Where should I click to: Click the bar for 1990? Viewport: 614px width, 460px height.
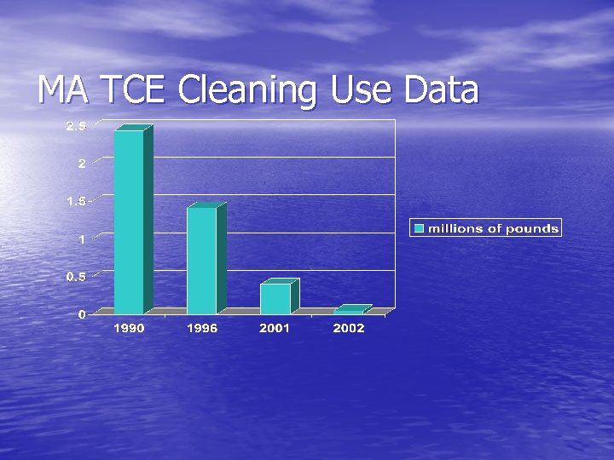(x=130, y=221)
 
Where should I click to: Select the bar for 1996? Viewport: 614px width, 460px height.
(x=202, y=260)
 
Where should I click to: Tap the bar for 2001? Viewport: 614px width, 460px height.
(x=275, y=298)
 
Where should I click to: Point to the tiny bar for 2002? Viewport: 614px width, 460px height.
(x=349, y=311)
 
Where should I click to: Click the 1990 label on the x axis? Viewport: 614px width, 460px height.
(x=130, y=328)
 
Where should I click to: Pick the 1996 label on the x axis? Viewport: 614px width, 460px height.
(x=202, y=328)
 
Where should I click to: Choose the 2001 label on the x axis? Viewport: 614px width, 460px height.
(x=275, y=328)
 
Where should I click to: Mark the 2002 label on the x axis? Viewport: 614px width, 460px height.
(x=349, y=328)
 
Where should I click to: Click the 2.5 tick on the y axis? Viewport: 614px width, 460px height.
(x=76, y=127)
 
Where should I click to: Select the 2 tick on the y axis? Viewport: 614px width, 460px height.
(x=82, y=164)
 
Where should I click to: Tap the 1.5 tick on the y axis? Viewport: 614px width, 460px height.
(x=76, y=202)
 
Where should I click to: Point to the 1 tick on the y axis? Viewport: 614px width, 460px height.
(x=82, y=239)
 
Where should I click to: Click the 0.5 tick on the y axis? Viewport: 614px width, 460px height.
(x=76, y=277)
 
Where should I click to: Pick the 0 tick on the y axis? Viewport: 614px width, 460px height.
(x=82, y=314)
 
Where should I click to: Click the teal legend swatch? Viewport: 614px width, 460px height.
(x=420, y=228)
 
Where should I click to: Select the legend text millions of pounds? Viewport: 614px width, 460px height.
(x=493, y=228)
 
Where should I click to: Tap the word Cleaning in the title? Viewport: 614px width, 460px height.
(x=248, y=90)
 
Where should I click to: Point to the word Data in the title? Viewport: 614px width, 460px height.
(x=442, y=90)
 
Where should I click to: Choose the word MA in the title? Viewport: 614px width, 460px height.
(x=65, y=90)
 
